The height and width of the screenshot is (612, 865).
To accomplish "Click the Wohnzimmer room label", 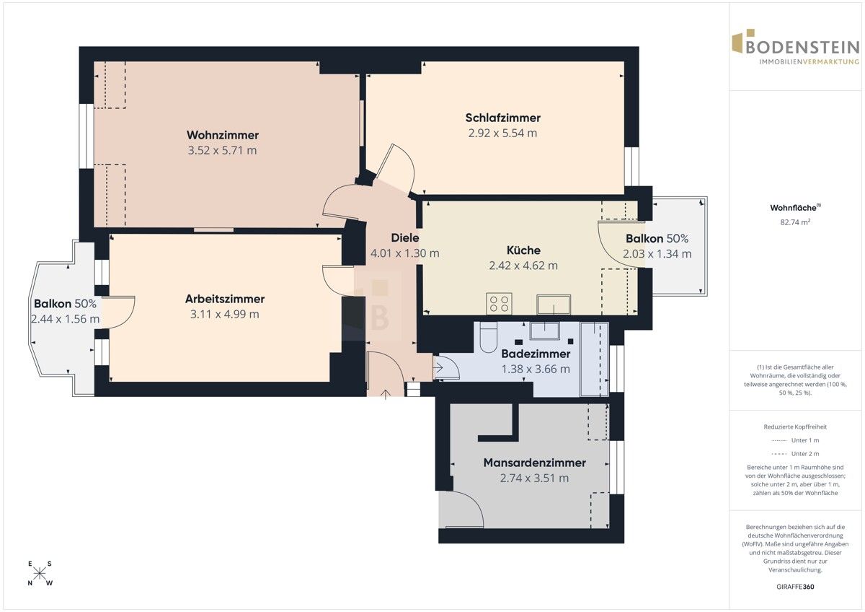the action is (223, 135).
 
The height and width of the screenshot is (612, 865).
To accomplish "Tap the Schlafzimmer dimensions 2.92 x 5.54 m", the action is (502, 133).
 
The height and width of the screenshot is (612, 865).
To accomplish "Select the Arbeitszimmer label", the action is (225, 299).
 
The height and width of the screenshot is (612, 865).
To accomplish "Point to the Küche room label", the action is (523, 250).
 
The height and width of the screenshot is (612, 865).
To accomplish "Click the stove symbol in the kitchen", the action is (500, 304).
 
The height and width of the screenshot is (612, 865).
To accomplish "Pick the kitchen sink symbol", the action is (554, 305).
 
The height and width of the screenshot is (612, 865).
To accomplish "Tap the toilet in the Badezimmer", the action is (489, 337).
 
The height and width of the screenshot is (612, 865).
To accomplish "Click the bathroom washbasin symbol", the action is (544, 331).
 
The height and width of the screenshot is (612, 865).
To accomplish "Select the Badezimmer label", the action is (536, 354).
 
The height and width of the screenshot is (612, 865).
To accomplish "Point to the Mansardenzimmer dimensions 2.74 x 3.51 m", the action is (534, 478).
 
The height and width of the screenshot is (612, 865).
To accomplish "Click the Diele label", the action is (404, 237).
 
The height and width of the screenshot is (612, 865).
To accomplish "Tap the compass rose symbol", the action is (40, 573).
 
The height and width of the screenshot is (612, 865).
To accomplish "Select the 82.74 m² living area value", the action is (795, 222).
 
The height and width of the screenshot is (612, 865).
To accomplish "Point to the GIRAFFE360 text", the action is (795, 587).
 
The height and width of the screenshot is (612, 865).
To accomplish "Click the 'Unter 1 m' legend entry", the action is (795, 440).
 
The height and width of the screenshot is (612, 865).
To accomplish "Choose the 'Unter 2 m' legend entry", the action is (795, 454).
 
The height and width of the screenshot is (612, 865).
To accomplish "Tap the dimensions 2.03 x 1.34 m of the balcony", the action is (657, 254).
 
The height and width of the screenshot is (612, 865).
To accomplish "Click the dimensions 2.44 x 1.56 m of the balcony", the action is (66, 319).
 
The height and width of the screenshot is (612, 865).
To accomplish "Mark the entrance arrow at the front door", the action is (386, 394).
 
